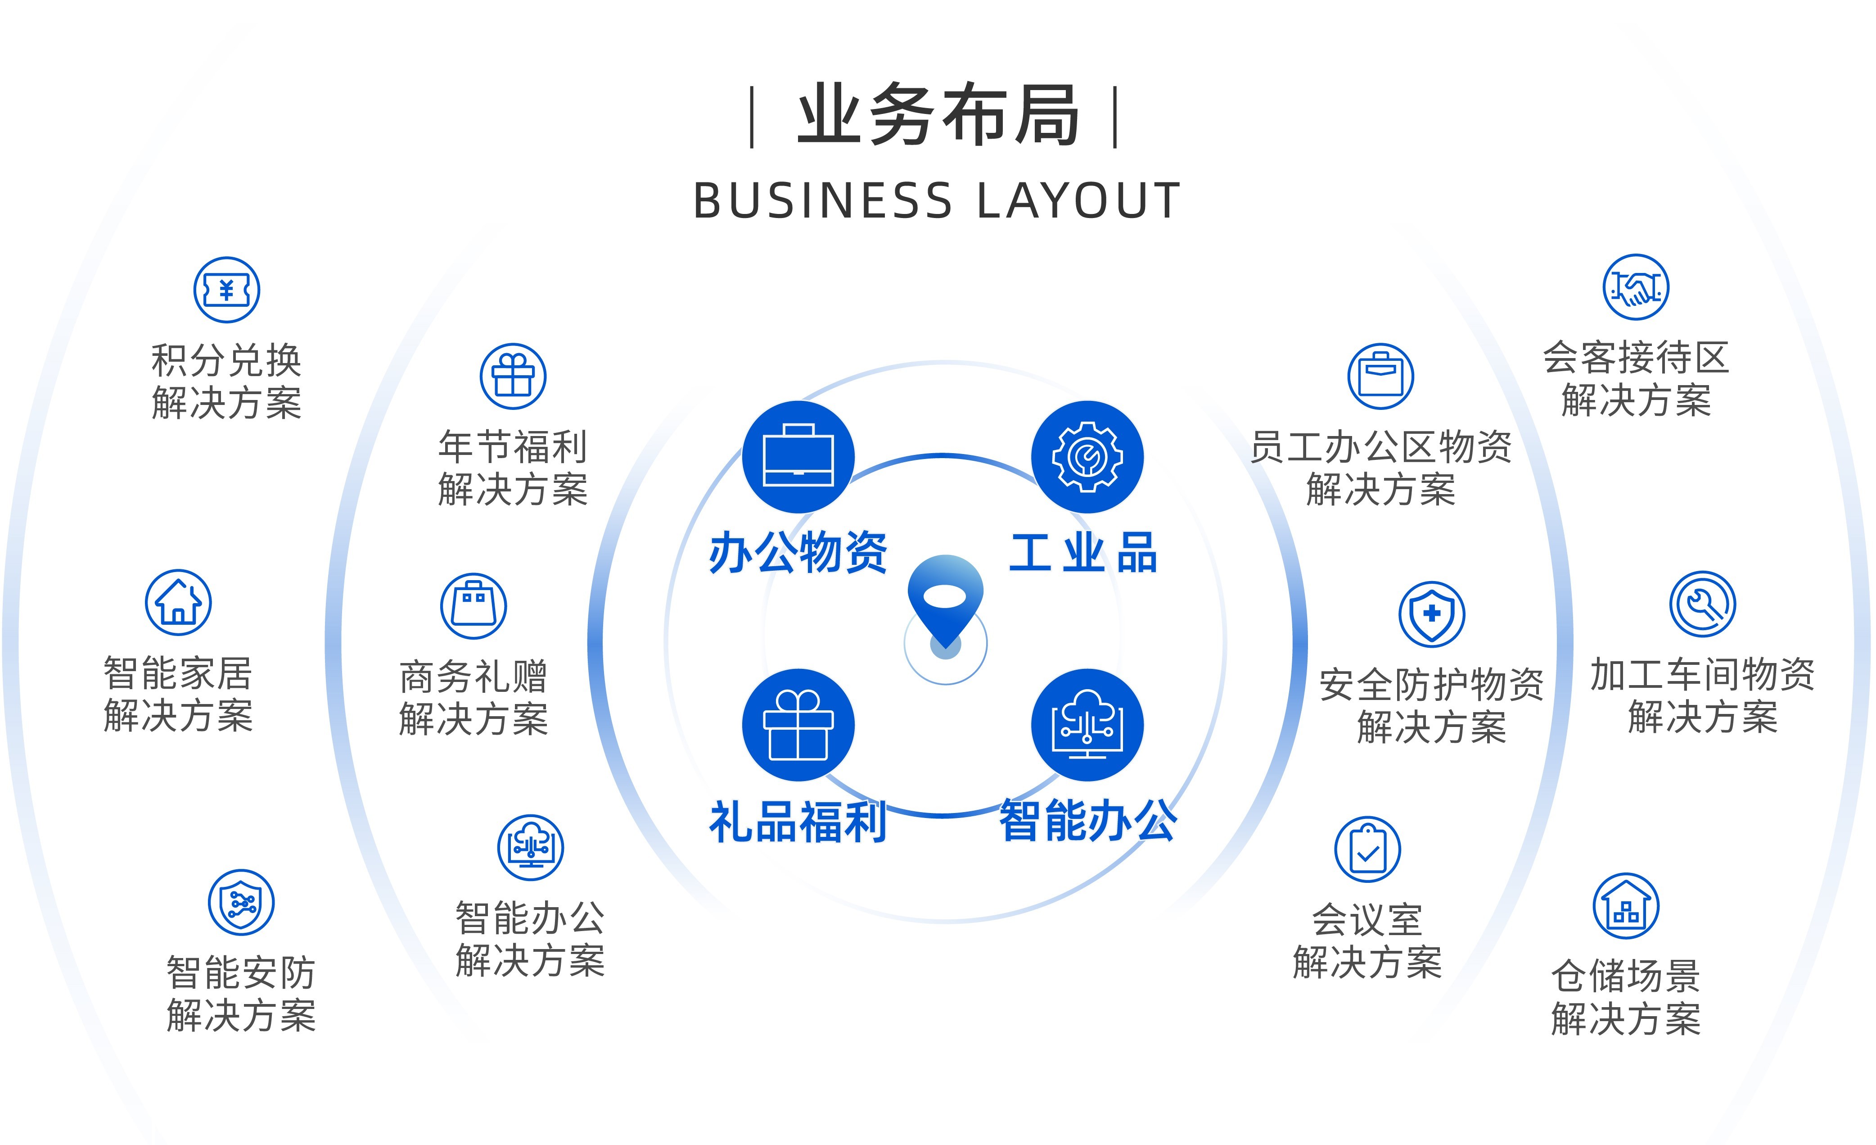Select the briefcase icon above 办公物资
click(798, 456)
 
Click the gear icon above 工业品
click(1087, 456)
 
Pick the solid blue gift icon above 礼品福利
click(798, 724)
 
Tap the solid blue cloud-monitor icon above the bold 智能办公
click(1087, 724)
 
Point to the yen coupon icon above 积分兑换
click(227, 290)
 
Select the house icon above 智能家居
click(178, 603)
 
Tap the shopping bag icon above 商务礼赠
click(474, 606)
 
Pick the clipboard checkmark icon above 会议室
click(1367, 850)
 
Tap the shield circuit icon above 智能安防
click(241, 903)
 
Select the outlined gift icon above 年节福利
click(513, 376)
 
